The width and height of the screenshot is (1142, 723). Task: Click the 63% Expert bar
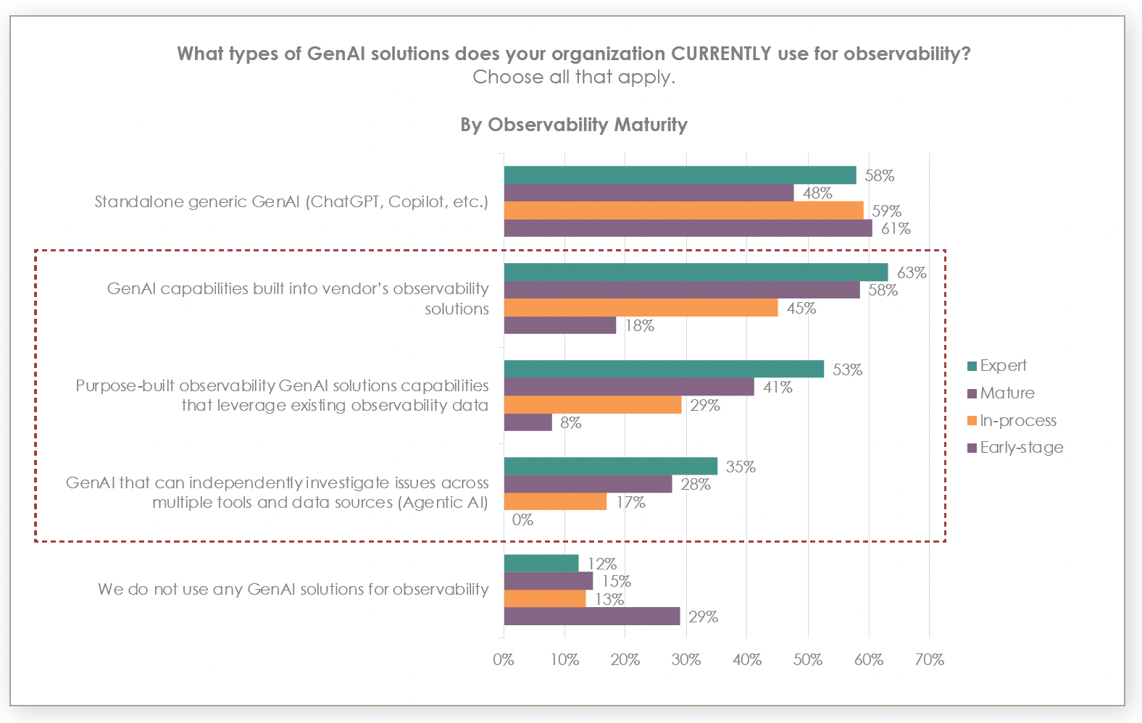tap(696, 272)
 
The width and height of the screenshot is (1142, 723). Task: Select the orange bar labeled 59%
tap(683, 211)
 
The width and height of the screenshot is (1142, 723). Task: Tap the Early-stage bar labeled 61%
tap(688, 228)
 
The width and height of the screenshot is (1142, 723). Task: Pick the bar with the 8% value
tap(528, 422)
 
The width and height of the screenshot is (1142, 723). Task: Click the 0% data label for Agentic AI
tap(522, 520)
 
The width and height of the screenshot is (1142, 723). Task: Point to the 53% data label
tap(847, 370)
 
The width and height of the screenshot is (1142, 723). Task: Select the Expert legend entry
tap(1003, 366)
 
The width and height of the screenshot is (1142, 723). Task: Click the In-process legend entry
tap(1017, 421)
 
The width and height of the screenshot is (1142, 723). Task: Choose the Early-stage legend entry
tap(1021, 448)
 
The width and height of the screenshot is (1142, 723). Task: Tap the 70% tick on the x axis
tap(929, 660)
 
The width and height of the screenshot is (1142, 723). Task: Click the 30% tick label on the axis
tap(685, 660)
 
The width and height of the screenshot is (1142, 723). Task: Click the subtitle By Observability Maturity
tap(573, 125)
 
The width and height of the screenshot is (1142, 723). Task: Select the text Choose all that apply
tap(573, 78)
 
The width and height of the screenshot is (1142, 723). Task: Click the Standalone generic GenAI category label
tap(291, 202)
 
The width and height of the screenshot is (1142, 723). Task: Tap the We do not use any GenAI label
tap(293, 590)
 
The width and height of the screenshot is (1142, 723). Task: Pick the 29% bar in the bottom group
tap(591, 617)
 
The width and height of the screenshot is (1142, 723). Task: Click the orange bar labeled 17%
tap(555, 502)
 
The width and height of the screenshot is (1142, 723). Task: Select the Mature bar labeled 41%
tap(628, 388)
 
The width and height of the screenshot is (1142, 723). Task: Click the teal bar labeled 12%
tap(541, 564)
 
